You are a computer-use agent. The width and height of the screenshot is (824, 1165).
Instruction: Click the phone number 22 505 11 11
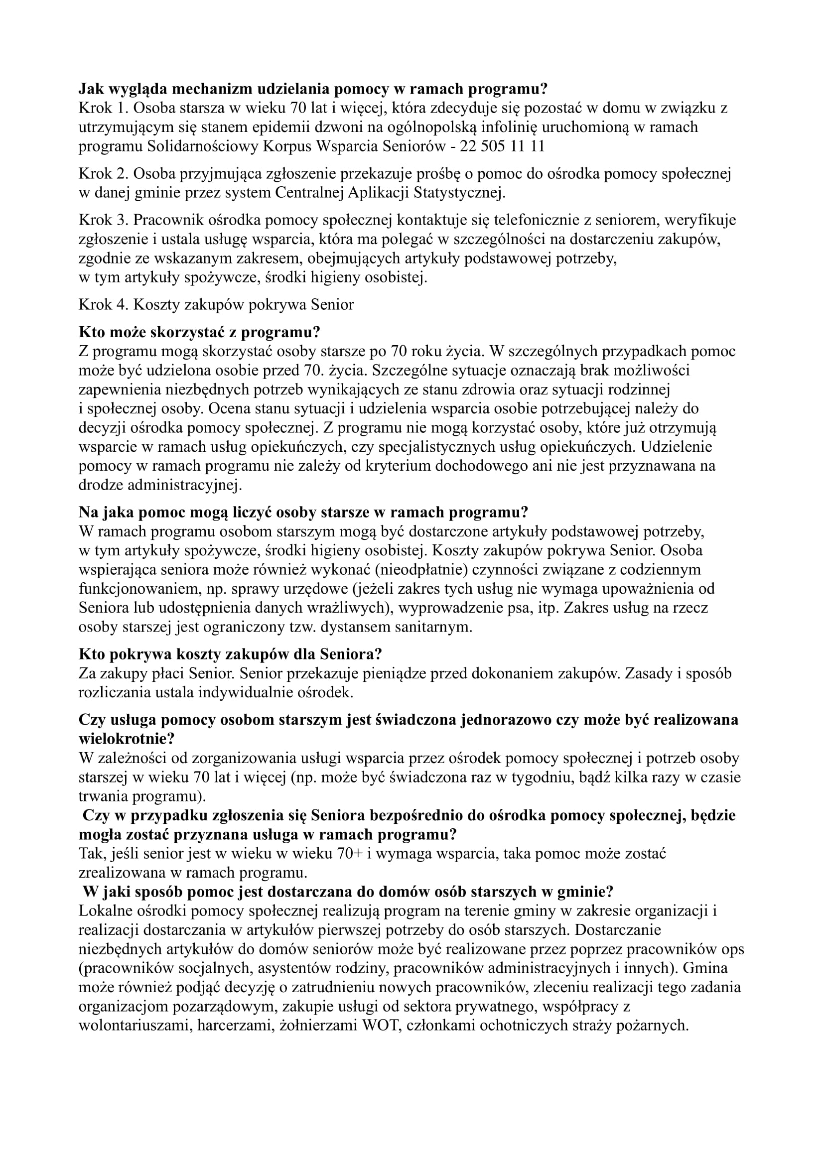click(502, 146)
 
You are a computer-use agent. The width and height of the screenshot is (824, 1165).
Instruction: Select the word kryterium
click(398, 466)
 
